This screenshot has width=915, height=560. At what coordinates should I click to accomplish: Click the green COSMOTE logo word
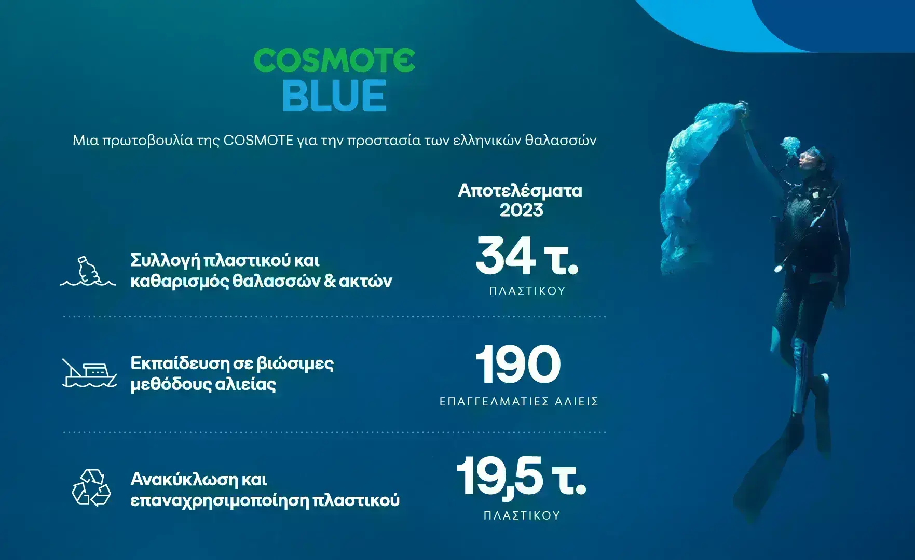[334, 61]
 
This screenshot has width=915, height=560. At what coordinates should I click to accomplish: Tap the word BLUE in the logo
[334, 95]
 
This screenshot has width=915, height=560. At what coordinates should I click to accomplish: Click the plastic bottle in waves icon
[88, 271]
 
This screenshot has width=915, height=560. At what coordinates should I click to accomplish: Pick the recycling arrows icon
[91, 487]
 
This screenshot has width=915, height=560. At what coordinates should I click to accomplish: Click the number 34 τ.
[526, 256]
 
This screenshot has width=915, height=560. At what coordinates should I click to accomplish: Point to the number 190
[518, 365]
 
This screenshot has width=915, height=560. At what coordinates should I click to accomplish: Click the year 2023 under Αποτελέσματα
[521, 210]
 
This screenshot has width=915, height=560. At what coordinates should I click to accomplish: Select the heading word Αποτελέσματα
[520, 191]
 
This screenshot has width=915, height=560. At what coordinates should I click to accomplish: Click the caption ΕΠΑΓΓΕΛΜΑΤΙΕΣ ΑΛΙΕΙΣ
[519, 401]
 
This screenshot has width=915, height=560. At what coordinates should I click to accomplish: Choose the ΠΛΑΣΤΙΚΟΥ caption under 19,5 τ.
[522, 515]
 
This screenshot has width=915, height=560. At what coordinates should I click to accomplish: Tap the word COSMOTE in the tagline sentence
[258, 140]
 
